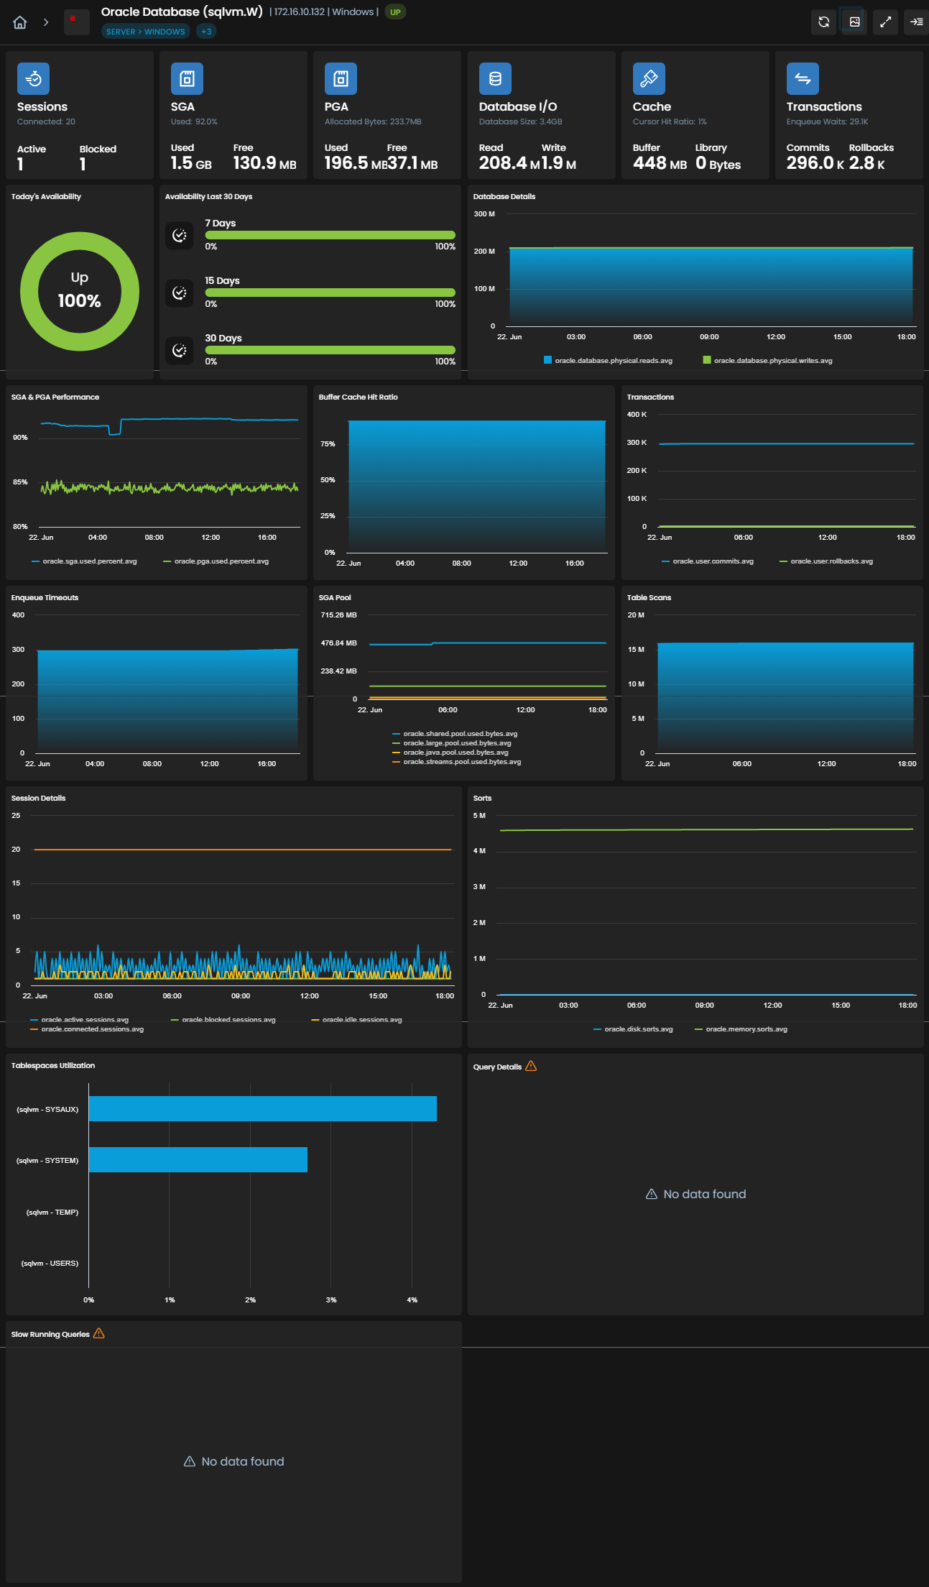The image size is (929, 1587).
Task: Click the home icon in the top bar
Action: pyautogui.click(x=20, y=22)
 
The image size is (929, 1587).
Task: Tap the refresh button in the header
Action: pyautogui.click(x=823, y=22)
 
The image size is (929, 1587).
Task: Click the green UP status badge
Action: pyautogui.click(x=395, y=12)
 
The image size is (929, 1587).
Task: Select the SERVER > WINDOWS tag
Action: pyautogui.click(x=146, y=32)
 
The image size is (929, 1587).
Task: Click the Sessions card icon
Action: pyautogui.click(x=33, y=79)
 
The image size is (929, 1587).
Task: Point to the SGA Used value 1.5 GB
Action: pyautogui.click(x=191, y=163)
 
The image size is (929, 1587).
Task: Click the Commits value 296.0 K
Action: pyautogui.click(x=815, y=163)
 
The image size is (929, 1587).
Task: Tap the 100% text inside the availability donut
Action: pyautogui.click(x=80, y=301)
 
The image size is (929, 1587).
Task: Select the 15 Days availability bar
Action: pyautogui.click(x=331, y=293)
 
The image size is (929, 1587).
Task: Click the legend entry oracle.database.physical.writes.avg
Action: pyautogui.click(x=767, y=361)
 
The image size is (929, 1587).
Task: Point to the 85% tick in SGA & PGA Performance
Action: pyautogui.click(x=20, y=482)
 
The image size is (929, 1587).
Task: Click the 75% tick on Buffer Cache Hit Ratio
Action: pyautogui.click(x=328, y=444)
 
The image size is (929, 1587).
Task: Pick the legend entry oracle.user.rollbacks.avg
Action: pyautogui.click(x=826, y=561)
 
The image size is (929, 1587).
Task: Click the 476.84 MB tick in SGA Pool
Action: pyautogui.click(x=338, y=643)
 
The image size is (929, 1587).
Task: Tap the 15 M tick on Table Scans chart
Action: pyautogui.click(x=636, y=650)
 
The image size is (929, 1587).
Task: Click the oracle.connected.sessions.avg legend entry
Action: pyautogui.click(x=87, y=1029)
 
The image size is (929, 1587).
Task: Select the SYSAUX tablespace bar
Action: pyautogui.click(x=262, y=1109)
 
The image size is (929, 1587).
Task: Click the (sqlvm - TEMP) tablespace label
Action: pyautogui.click(x=52, y=1213)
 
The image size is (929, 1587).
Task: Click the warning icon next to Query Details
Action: pyautogui.click(x=531, y=1066)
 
